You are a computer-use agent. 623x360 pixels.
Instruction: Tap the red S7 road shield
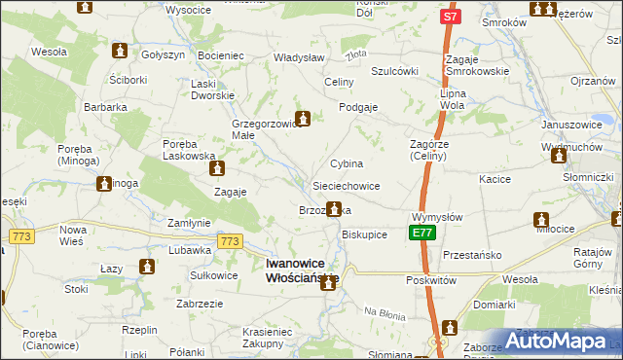[x=449, y=17]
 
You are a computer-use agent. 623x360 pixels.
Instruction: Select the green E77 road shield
[x=421, y=234]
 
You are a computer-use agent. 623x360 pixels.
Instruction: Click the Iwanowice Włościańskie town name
[x=301, y=270]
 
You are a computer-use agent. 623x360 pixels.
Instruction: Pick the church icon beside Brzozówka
[x=334, y=208]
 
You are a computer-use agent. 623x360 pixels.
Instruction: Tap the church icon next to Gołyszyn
[x=121, y=51]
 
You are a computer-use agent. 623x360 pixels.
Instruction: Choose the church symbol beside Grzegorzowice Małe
[x=303, y=120]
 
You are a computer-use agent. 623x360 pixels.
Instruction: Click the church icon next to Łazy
[x=147, y=267]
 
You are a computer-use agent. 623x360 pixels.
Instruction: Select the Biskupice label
[x=365, y=234]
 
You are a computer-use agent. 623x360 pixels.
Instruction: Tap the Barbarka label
[x=105, y=107]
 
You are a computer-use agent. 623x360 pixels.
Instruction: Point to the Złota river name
[x=356, y=55]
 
